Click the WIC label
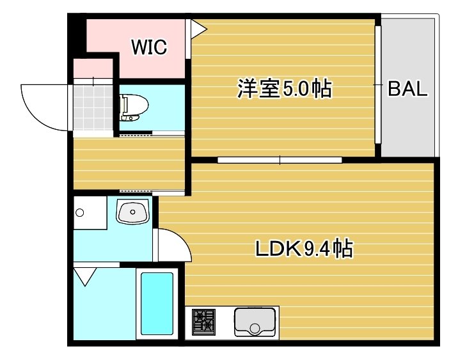pos(148,46)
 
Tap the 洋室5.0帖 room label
pos(284,89)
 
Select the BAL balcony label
pos(407,89)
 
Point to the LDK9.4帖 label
pos(304,248)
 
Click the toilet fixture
pos(132,107)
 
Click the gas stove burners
pos(205,322)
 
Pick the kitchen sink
pos(255,322)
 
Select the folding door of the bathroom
pos(84,277)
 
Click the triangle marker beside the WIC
pos(196,28)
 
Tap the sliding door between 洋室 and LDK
pos(279,160)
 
